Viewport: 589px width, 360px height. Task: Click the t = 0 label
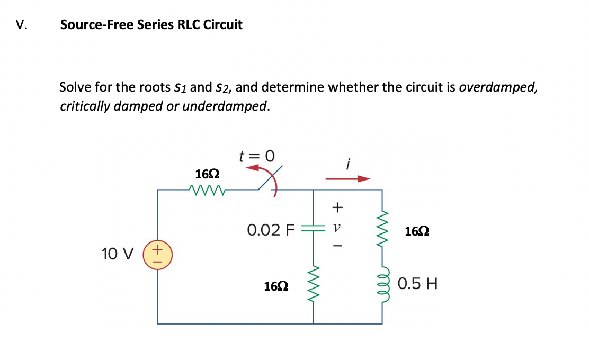pyautogui.click(x=257, y=156)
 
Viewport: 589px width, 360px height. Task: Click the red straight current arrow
pyautogui.click(x=347, y=179)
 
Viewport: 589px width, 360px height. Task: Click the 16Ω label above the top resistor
pyautogui.click(x=208, y=174)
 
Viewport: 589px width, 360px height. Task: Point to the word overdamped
pyautogui.click(x=497, y=87)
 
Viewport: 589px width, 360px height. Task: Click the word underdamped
pyautogui.click(x=230, y=106)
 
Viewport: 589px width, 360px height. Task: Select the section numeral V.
pyautogui.click(x=22, y=25)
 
